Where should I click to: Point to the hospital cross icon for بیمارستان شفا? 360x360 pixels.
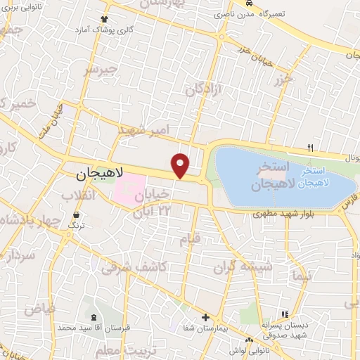[205, 317]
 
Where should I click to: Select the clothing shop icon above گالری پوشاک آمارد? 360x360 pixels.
[104, 20]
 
